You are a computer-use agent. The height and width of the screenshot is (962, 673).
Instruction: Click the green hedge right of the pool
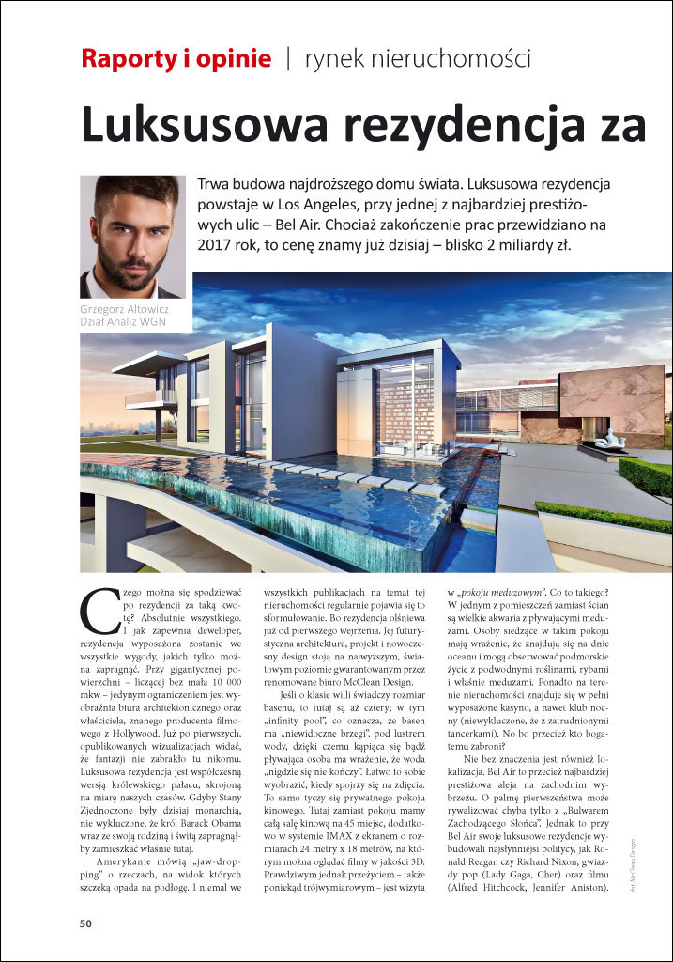[648, 474]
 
